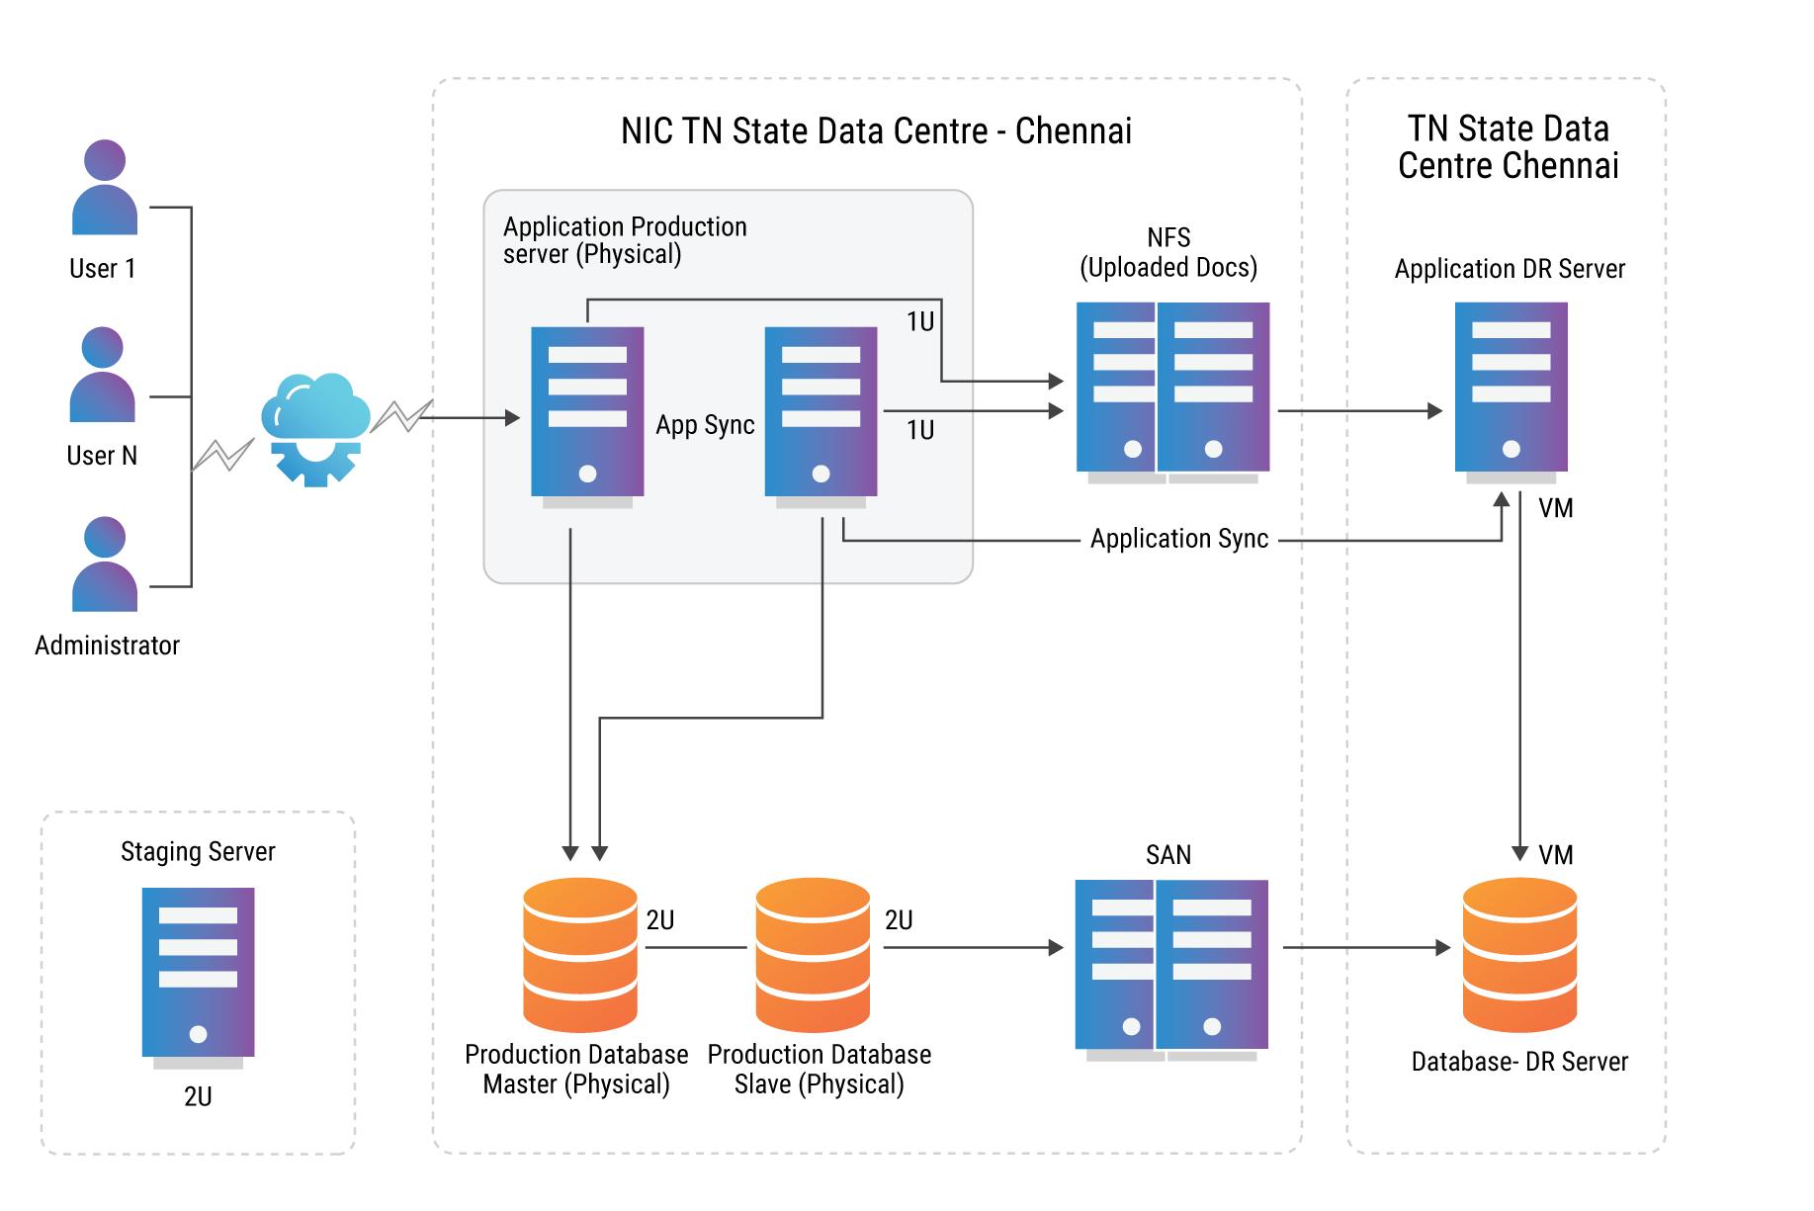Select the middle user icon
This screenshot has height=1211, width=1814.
coord(103,375)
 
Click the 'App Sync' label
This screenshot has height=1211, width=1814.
coord(705,425)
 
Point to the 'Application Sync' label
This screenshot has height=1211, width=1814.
coord(1178,539)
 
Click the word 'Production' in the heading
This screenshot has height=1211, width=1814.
coord(688,226)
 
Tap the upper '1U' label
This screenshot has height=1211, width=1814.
coord(920,321)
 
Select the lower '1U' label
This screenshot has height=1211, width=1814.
coord(920,430)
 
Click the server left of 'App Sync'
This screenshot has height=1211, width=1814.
coord(587,416)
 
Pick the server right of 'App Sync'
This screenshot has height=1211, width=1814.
coord(821,416)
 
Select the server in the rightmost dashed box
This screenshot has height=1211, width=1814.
coord(1511,391)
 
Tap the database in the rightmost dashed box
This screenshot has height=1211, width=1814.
coord(1519,954)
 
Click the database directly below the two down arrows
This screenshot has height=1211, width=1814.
coord(580,954)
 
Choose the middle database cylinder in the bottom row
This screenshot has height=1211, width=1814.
coord(813,954)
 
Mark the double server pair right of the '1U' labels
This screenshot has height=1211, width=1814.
coord(1174,391)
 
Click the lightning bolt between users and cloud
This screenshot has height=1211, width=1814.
coord(223,455)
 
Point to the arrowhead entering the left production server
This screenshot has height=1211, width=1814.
coord(512,418)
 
